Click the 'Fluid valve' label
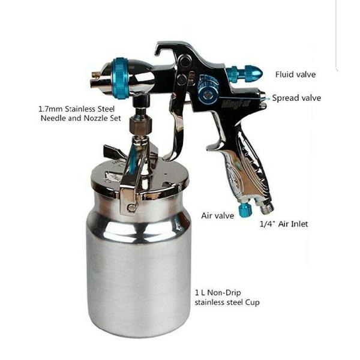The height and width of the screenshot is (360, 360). pyautogui.click(x=295, y=74)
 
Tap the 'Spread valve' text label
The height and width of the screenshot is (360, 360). pyautogui.click(x=296, y=98)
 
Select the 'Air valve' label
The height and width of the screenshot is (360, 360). pyautogui.click(x=218, y=215)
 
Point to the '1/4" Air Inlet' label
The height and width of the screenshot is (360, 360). pyautogui.click(x=284, y=224)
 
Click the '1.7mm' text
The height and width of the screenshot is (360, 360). pyautogui.click(x=51, y=109)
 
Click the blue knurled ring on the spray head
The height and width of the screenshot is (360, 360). pyautogui.click(x=119, y=79)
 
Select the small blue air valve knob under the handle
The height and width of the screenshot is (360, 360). pyautogui.click(x=245, y=210)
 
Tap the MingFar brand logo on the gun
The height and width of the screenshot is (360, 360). pyautogui.click(x=236, y=103)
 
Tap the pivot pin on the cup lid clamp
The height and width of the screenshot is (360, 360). pyautogui.click(x=131, y=208)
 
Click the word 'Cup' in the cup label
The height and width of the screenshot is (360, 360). pyautogui.click(x=253, y=302)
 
